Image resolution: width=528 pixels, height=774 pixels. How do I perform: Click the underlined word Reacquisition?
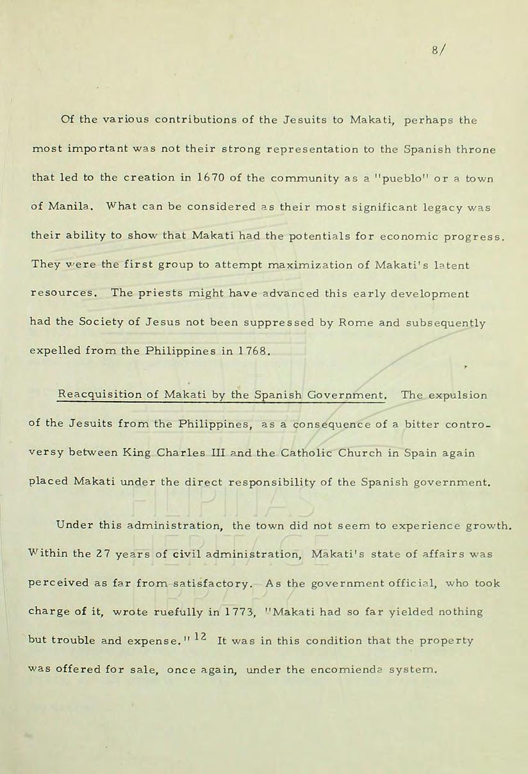100,395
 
